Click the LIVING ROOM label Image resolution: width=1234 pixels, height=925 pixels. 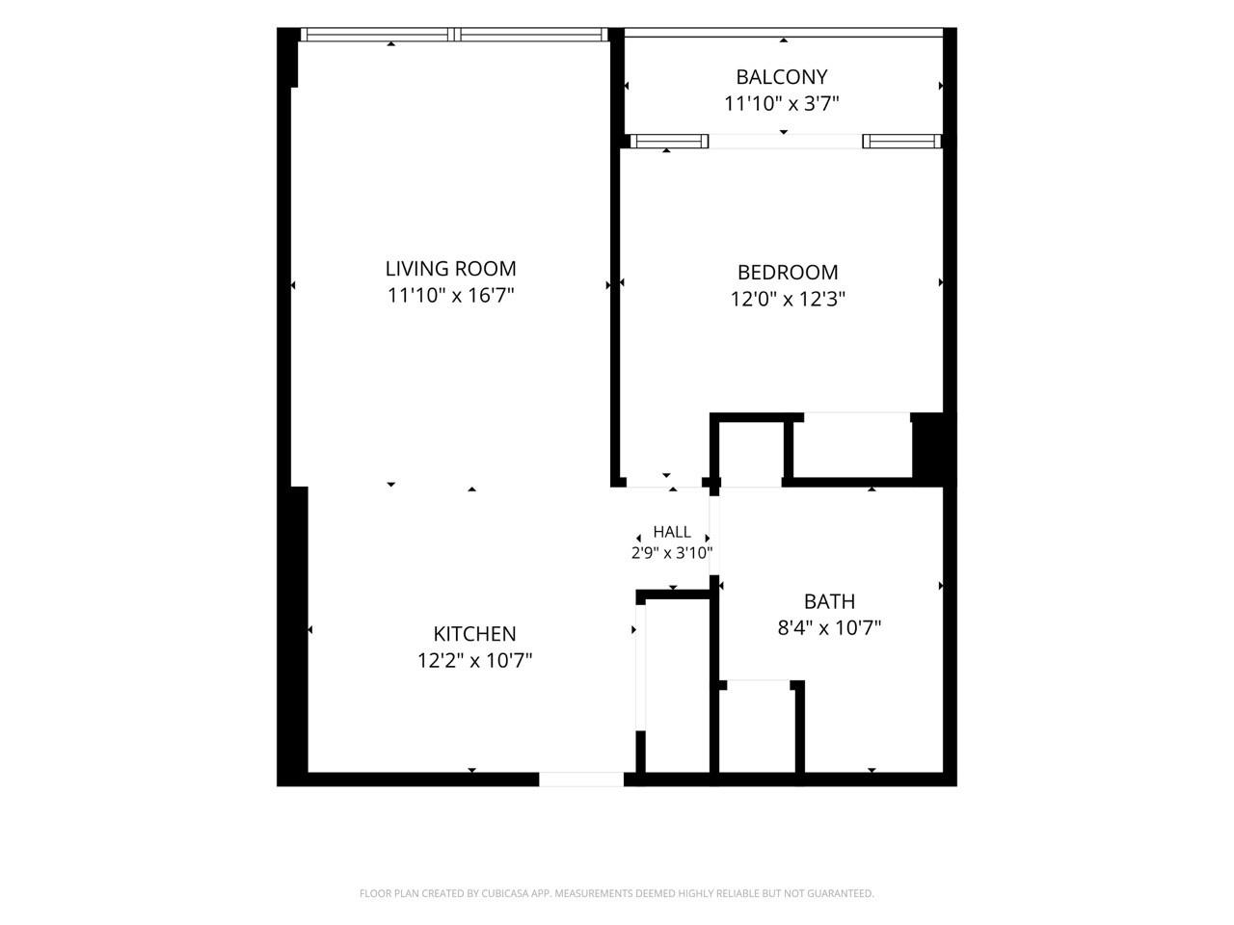click(x=450, y=269)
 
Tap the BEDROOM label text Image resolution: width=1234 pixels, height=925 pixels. click(x=787, y=273)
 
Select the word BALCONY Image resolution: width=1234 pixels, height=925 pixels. click(x=782, y=77)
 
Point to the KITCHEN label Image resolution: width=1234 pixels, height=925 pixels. click(x=474, y=634)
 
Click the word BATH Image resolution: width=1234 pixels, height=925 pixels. click(x=829, y=601)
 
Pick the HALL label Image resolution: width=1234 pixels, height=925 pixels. click(x=672, y=532)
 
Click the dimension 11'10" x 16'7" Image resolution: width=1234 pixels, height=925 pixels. click(x=450, y=296)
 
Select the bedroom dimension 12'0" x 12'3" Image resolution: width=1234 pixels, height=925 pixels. click(x=787, y=299)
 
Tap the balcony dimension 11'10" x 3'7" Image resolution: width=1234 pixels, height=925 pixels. click(x=782, y=103)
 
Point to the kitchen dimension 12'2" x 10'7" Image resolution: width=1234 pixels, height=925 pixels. click(x=474, y=660)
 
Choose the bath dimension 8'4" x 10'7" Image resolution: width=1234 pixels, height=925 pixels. click(x=829, y=627)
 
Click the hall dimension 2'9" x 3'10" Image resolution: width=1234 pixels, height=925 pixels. click(x=672, y=553)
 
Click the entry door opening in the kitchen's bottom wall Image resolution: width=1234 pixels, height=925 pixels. click(x=581, y=779)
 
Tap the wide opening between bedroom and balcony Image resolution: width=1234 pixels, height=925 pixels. click(x=786, y=141)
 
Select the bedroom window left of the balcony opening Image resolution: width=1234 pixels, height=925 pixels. click(x=669, y=141)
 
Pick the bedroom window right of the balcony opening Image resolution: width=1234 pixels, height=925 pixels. click(x=901, y=141)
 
